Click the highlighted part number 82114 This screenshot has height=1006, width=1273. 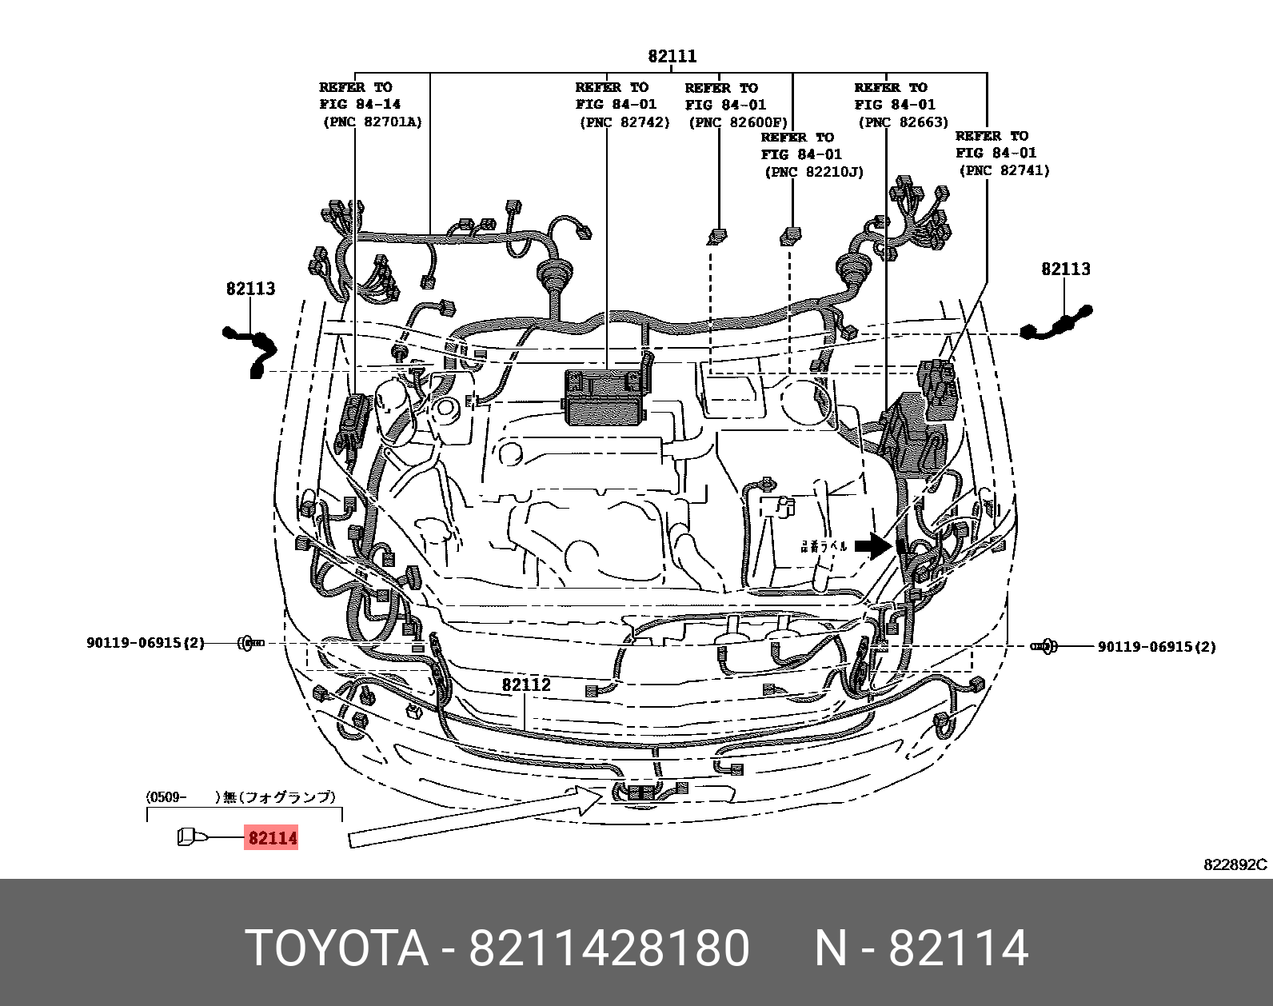click(x=272, y=837)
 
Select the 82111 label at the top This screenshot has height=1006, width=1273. click(x=672, y=56)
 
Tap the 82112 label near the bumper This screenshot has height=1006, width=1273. click(x=526, y=685)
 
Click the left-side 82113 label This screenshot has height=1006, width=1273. click(x=250, y=289)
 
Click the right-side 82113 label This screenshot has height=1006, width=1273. click(x=1065, y=269)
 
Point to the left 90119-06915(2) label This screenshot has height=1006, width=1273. click(x=146, y=643)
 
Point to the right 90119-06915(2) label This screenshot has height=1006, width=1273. click(x=1156, y=647)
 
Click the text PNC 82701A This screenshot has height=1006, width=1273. click(x=373, y=122)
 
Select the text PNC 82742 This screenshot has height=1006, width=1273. click(x=625, y=122)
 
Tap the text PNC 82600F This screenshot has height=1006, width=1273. click(x=738, y=122)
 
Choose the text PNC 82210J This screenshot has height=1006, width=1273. click(x=814, y=172)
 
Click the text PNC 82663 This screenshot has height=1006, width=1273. click(x=904, y=122)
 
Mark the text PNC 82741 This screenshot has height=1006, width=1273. click(x=1004, y=170)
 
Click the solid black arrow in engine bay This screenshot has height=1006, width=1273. click(x=872, y=546)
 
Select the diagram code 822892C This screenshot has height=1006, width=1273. click(x=1235, y=864)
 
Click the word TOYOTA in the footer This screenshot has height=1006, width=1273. click(x=337, y=948)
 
